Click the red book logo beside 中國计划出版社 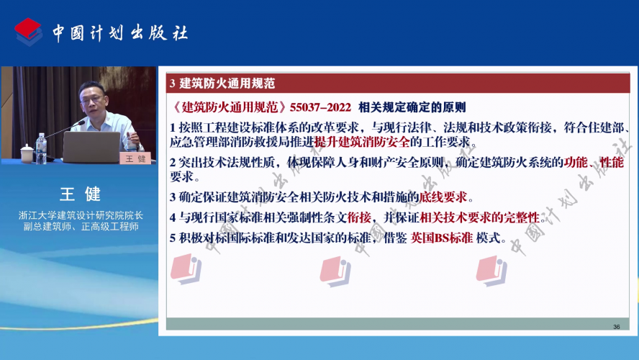coord(29,32)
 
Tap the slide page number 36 coord(616,327)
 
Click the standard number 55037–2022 coord(320,107)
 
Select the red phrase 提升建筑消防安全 coord(362,142)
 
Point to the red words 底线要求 coord(443,197)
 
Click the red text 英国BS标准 coord(441,238)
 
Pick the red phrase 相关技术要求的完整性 coord(480,217)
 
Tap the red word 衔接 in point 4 coord(359,217)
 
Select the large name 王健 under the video coord(81,194)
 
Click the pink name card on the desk coord(135,158)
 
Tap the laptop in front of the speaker coord(91,147)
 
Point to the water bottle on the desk coord(41,149)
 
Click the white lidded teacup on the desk coord(27,153)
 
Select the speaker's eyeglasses coord(92,99)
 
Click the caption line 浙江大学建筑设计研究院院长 coord(81,215)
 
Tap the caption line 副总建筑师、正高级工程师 coord(81,227)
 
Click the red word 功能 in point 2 coord(576,162)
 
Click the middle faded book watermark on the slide coord(335,271)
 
